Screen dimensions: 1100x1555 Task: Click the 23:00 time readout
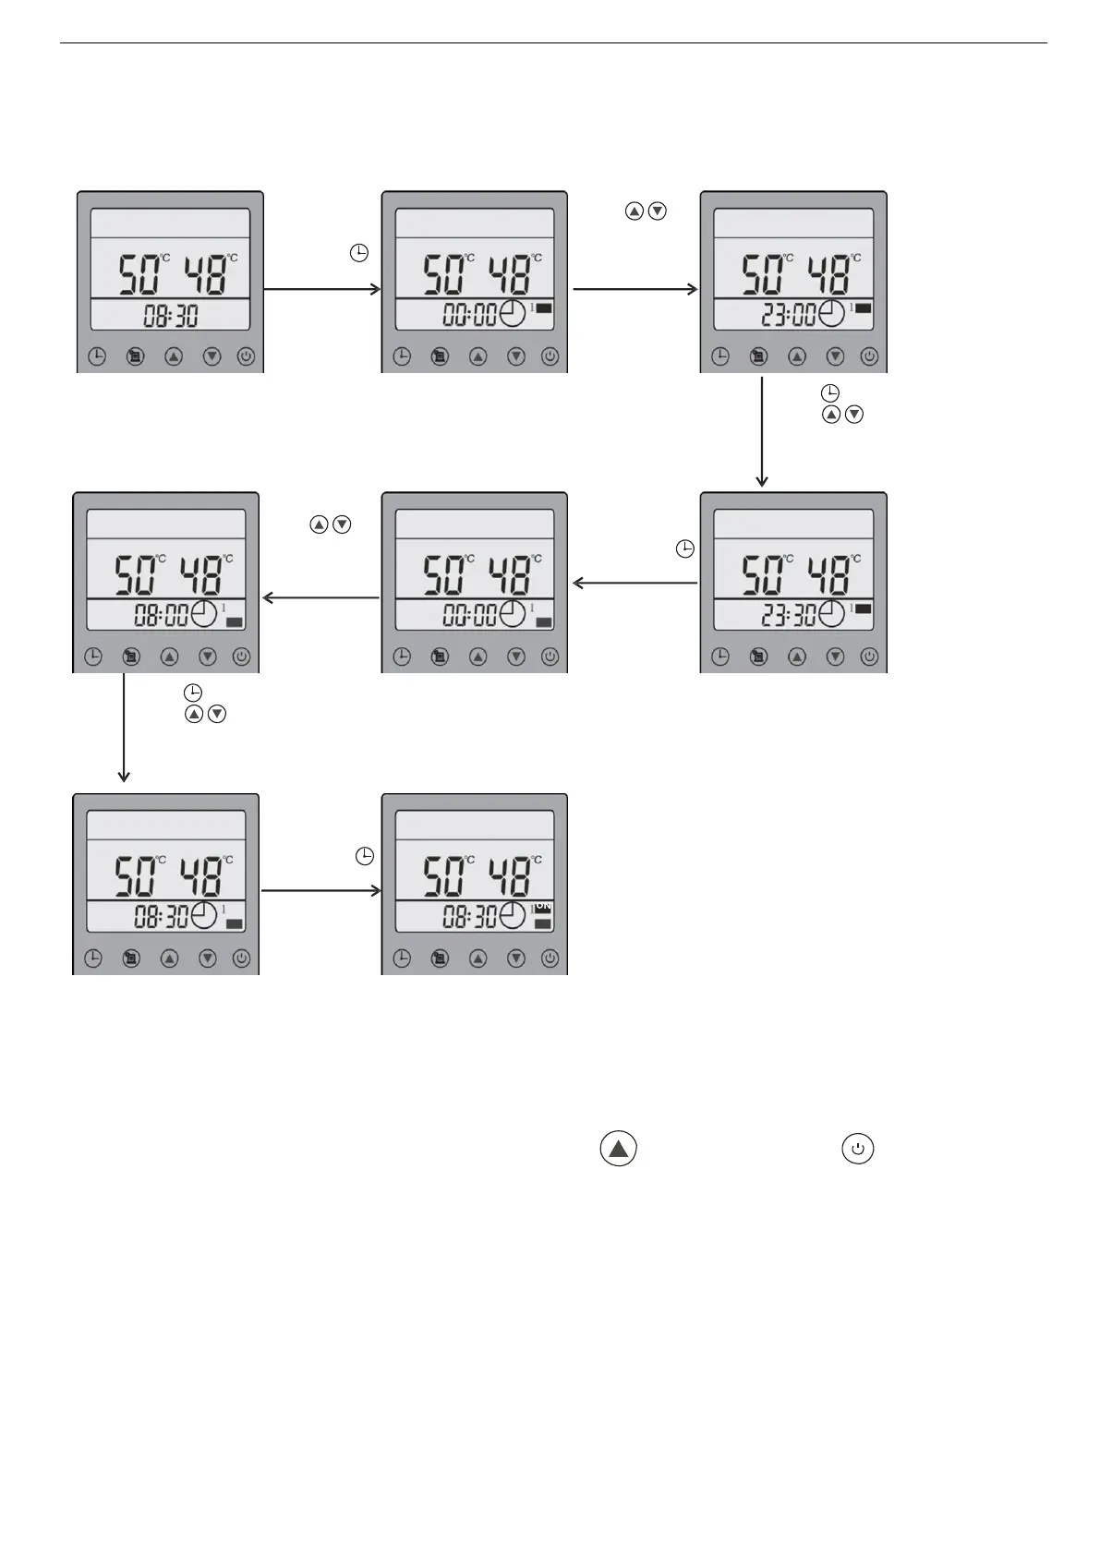click(x=788, y=315)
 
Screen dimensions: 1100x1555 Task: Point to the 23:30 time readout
click(x=788, y=615)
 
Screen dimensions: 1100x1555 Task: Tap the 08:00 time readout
click(x=161, y=615)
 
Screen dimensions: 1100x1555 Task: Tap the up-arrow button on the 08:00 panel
click(x=169, y=657)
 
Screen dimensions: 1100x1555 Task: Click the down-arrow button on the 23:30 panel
click(x=835, y=657)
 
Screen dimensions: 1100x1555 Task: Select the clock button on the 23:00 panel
click(x=720, y=356)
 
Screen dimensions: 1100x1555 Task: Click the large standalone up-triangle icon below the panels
click(x=619, y=1149)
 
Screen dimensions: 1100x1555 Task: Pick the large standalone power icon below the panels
click(x=858, y=1149)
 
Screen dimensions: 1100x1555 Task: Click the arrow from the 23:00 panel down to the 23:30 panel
click(x=762, y=430)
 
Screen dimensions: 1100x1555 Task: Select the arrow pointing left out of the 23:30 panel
click(x=635, y=583)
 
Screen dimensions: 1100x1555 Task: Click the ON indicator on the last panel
click(x=543, y=907)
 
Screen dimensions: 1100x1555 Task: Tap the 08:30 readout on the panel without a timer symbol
click(x=171, y=316)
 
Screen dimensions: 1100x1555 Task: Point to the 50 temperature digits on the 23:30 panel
click(x=764, y=576)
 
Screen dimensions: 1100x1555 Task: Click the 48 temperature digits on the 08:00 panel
click(x=199, y=576)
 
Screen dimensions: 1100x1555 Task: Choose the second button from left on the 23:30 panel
click(x=758, y=657)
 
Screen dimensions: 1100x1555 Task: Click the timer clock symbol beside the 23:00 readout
click(x=831, y=314)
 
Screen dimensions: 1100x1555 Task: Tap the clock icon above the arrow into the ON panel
click(x=365, y=856)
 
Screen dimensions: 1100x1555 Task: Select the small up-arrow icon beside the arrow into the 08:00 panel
click(x=320, y=524)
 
